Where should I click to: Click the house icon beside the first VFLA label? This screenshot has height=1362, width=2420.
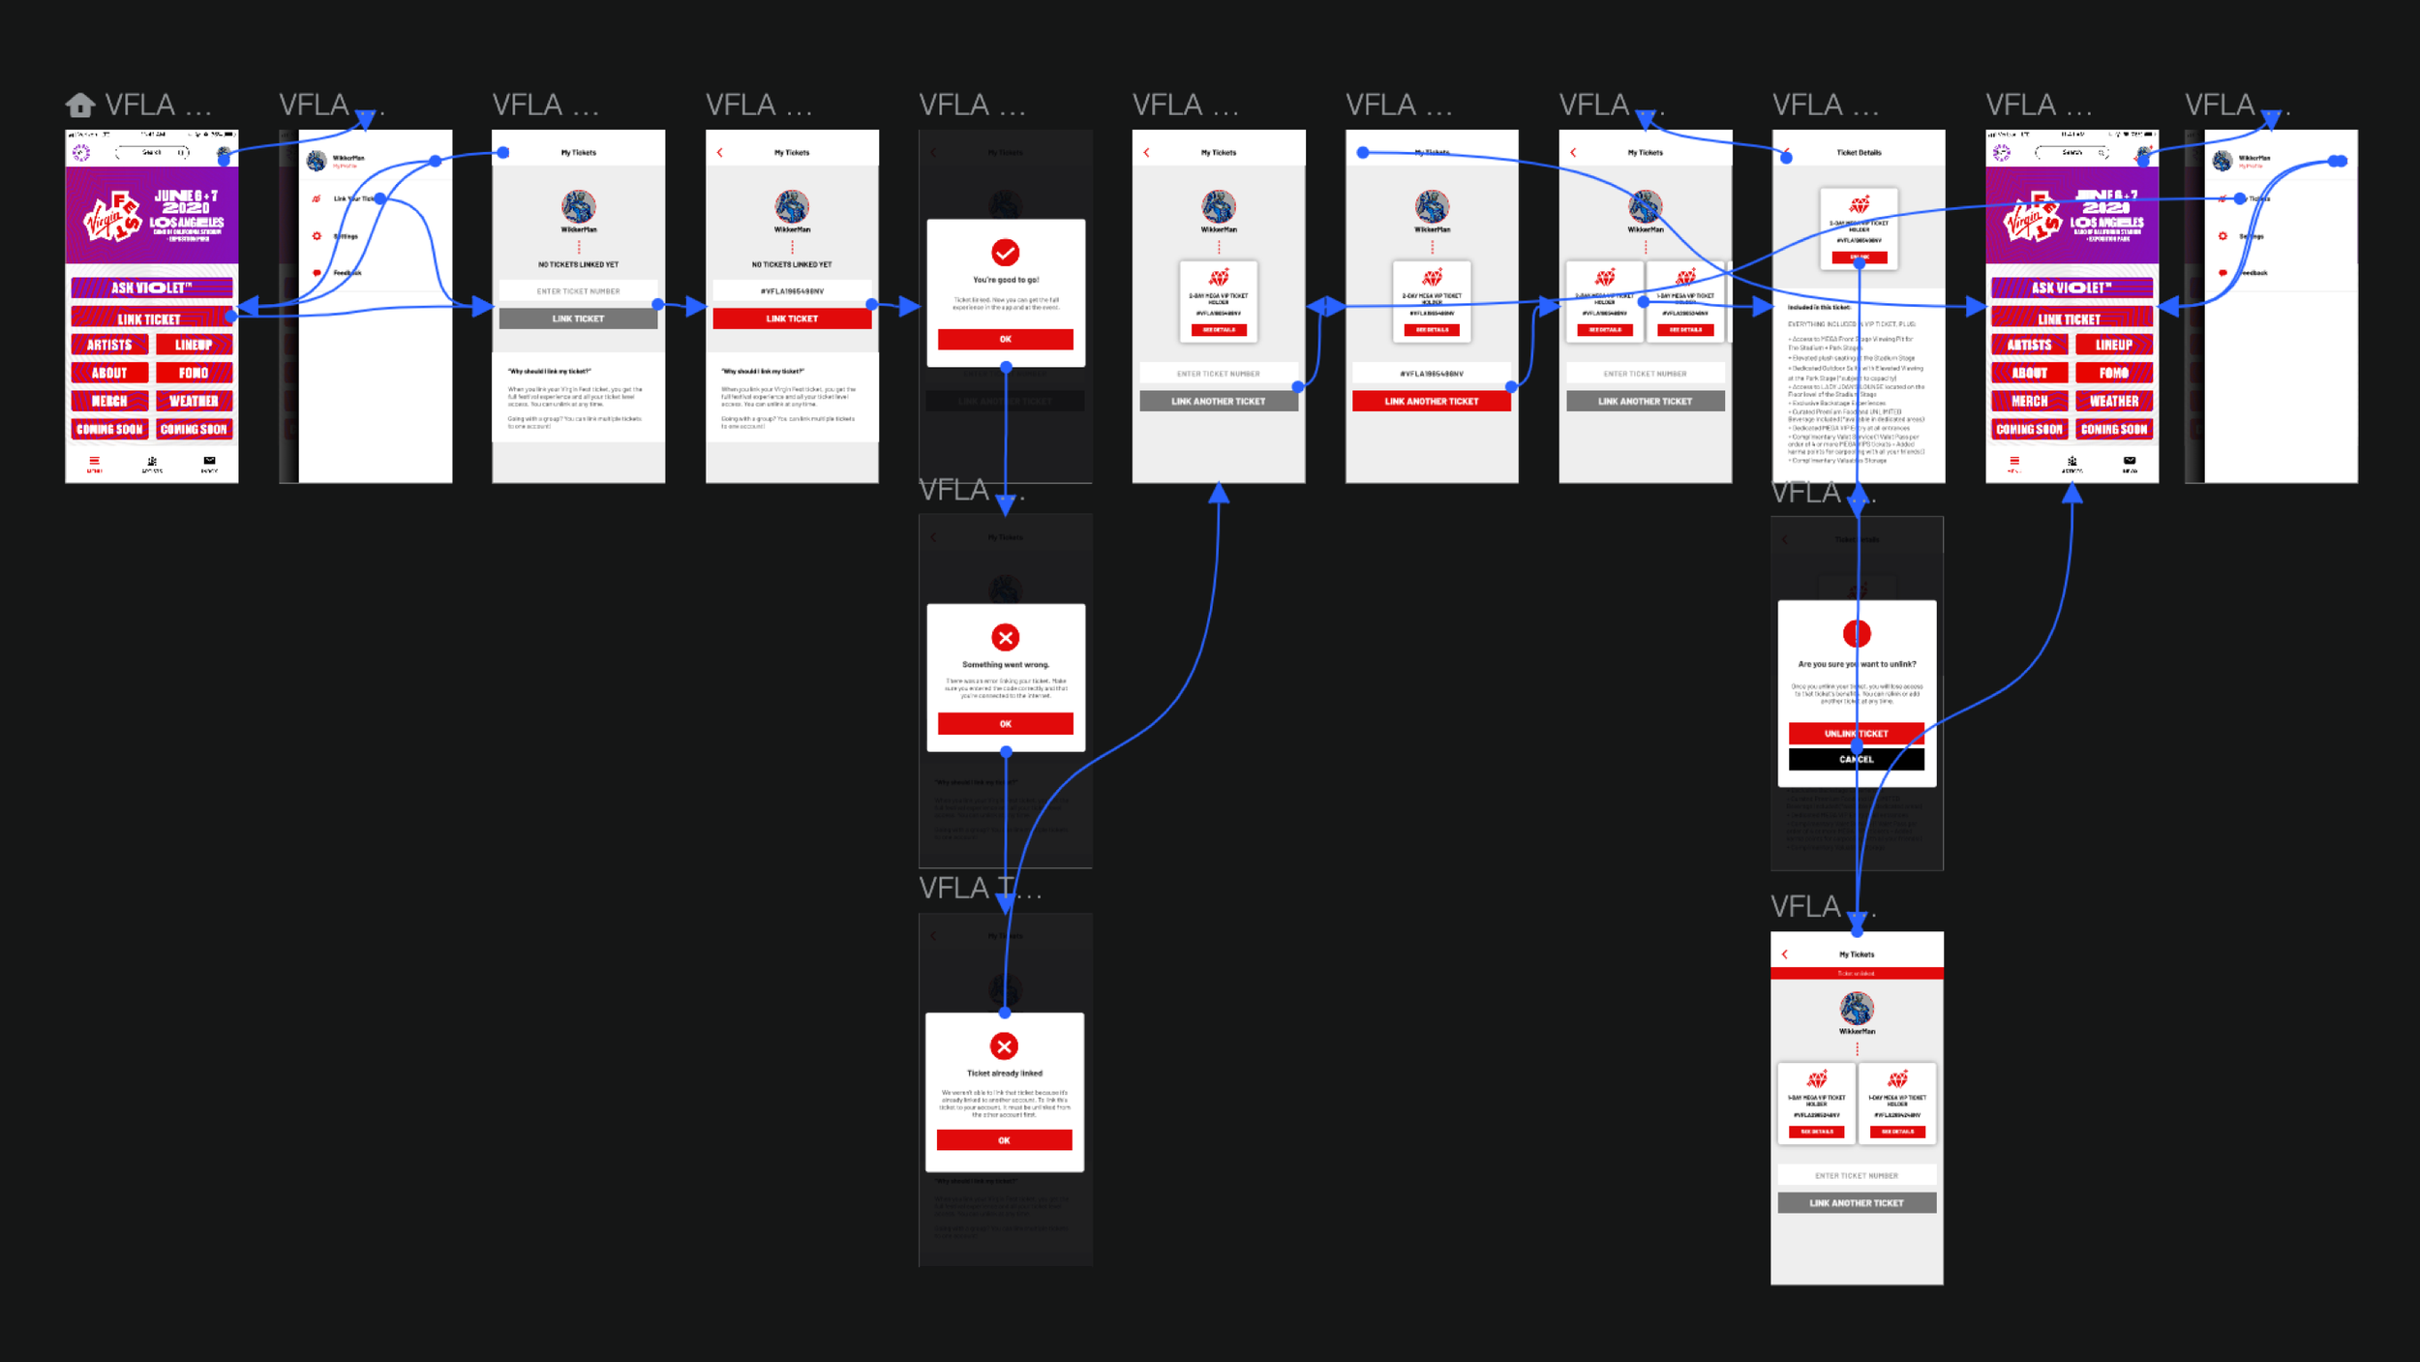[x=80, y=105]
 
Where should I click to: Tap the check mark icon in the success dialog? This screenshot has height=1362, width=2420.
[x=1005, y=253]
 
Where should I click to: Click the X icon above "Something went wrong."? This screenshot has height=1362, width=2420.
[x=1005, y=637]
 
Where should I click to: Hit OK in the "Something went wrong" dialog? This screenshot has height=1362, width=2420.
[x=1005, y=724]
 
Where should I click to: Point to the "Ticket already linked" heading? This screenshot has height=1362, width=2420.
[x=1004, y=1074]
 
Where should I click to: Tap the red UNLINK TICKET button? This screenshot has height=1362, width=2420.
[x=1856, y=734]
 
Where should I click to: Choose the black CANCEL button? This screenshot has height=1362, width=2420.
[x=1856, y=760]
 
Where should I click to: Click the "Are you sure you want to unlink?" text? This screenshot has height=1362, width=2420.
[x=1856, y=664]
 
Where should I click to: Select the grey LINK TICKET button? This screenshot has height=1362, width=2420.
[x=578, y=318]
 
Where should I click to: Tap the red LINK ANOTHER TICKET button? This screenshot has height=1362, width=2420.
[x=1431, y=401]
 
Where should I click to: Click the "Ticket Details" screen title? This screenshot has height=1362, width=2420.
[x=1859, y=153]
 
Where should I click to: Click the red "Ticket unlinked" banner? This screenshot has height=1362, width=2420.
[x=1856, y=973]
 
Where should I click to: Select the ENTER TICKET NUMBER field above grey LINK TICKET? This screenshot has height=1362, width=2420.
[x=578, y=291]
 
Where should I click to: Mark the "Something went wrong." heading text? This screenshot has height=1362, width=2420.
[x=1005, y=665]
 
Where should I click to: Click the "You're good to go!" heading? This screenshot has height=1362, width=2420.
[x=1005, y=280]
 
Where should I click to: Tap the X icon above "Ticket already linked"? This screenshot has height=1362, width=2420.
[x=1004, y=1046]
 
